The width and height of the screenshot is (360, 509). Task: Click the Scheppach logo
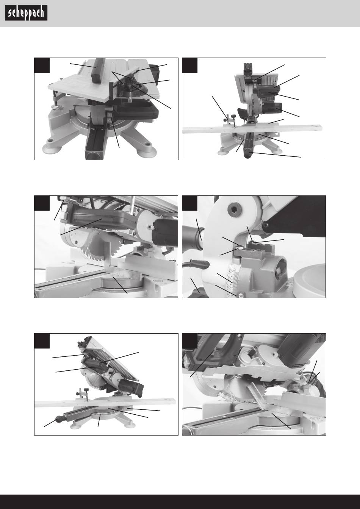pyautogui.click(x=26, y=13)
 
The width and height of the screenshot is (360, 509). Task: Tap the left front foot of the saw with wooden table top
pyautogui.click(x=52, y=149)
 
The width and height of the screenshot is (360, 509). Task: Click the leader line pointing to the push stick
pyautogui.click(x=83, y=66)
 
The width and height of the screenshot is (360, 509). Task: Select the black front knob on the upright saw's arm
pyautogui.click(x=249, y=155)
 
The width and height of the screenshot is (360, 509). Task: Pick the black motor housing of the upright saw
pyautogui.click(x=272, y=108)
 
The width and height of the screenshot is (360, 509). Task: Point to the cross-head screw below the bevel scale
pyautogui.click(x=240, y=295)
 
